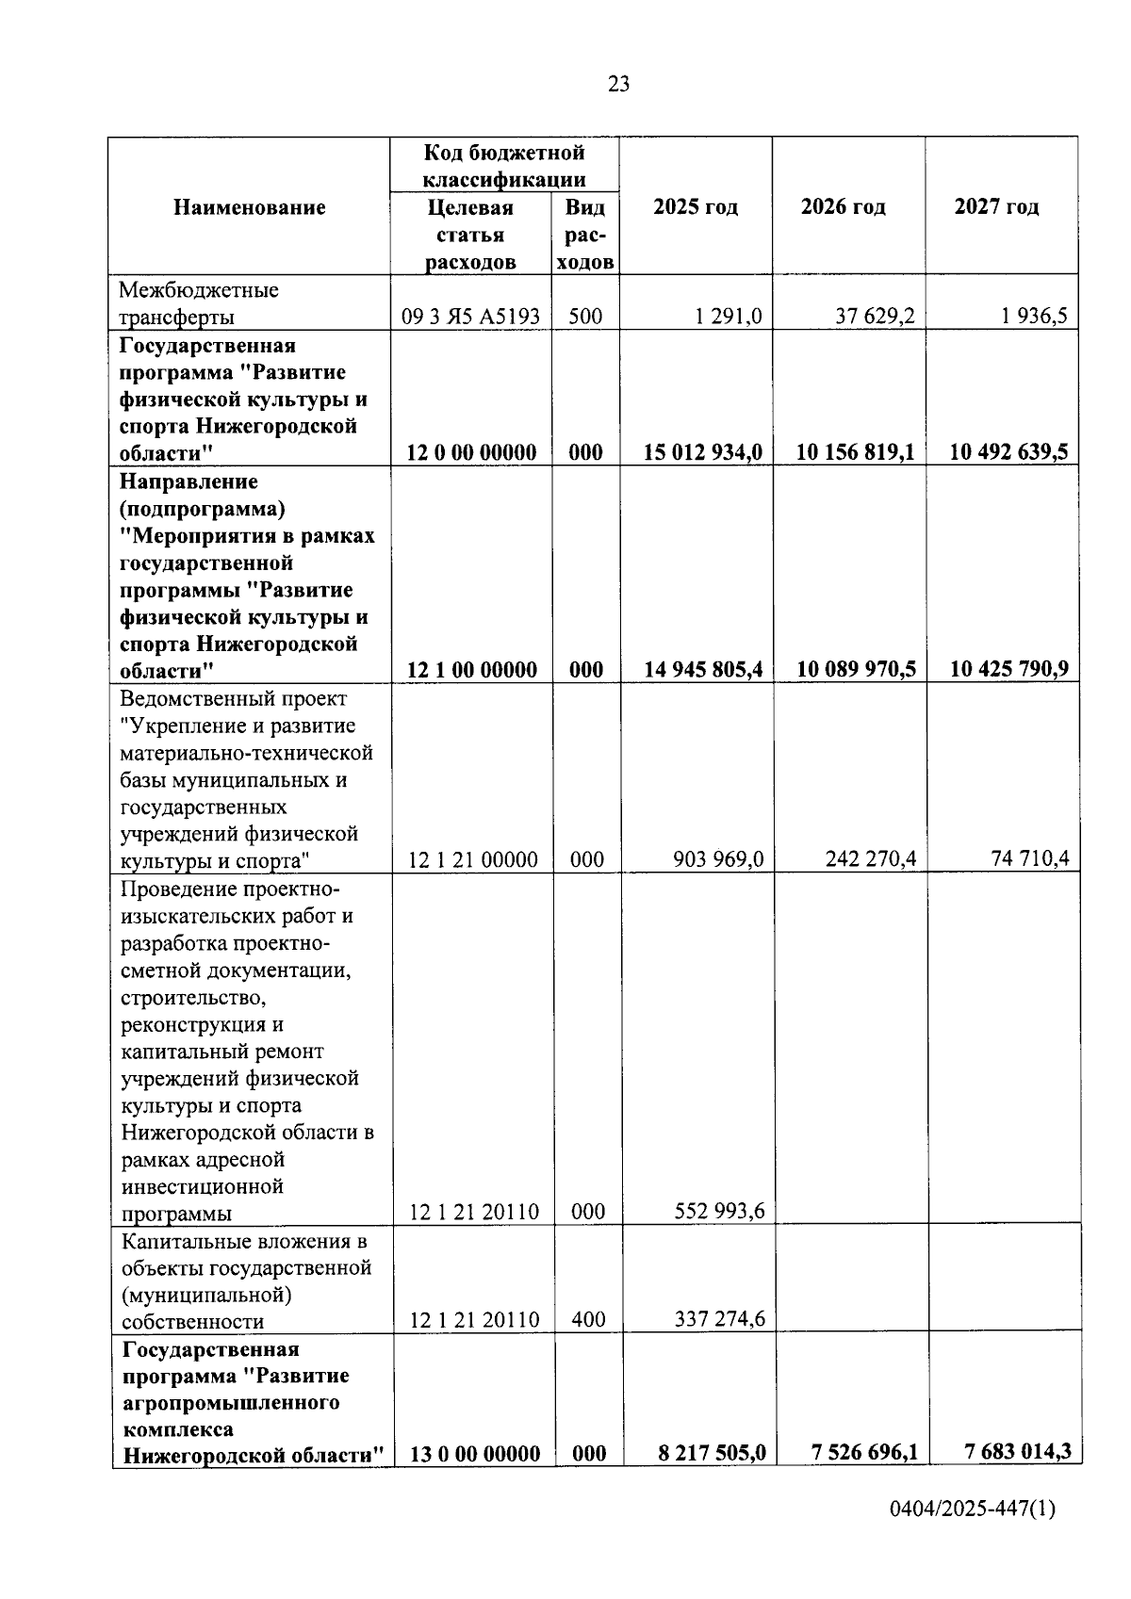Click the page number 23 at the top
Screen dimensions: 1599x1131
click(x=618, y=85)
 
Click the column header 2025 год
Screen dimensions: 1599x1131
click(x=696, y=207)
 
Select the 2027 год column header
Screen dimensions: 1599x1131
click(x=996, y=207)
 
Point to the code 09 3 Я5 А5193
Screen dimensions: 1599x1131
click(x=470, y=317)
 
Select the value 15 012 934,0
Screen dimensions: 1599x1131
click(x=702, y=452)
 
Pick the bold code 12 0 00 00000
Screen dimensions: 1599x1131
click(x=471, y=452)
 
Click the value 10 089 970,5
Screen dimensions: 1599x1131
click(x=855, y=670)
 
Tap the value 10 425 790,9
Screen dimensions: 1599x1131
click(x=1008, y=670)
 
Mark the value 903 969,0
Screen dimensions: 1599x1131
click(x=718, y=858)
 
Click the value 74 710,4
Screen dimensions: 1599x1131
click(x=1030, y=858)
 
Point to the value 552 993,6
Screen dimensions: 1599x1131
click(x=719, y=1211)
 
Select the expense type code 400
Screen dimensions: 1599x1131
click(x=588, y=1319)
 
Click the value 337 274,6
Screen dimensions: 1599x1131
click(x=719, y=1318)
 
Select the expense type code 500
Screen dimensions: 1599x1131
click(x=585, y=317)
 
